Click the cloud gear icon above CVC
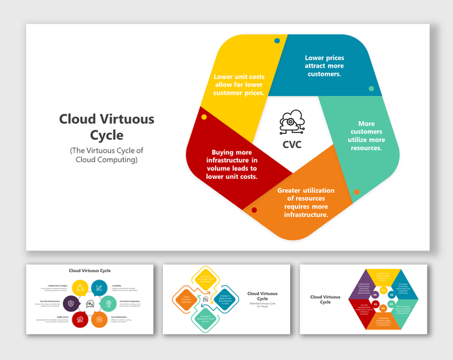click(x=289, y=122)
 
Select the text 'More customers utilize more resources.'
click(x=366, y=136)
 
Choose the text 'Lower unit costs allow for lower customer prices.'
click(x=239, y=85)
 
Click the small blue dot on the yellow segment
click(x=277, y=41)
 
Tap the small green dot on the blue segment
click(x=371, y=88)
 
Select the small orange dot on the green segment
click(x=357, y=192)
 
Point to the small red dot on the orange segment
click(x=254, y=210)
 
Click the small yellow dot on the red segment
click(x=204, y=118)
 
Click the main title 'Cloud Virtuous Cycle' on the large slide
click(x=107, y=127)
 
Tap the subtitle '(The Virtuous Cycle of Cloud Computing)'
click(x=107, y=155)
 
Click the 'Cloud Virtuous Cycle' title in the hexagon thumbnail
click(x=325, y=299)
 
